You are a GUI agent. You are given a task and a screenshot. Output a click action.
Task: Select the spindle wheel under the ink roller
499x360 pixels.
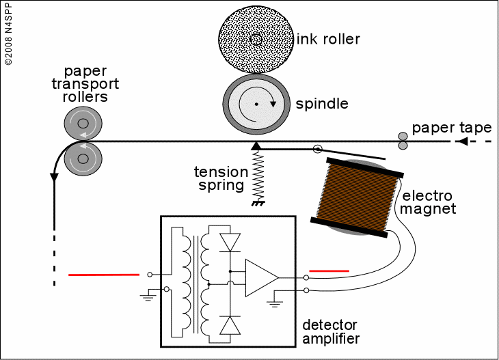256,104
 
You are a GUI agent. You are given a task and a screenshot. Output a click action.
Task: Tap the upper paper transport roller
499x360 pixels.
83,124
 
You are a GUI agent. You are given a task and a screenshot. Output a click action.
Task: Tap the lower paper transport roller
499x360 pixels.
83,158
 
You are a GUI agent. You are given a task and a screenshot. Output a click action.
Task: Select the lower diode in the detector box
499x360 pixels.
230,324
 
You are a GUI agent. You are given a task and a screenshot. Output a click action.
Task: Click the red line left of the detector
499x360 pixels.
104,275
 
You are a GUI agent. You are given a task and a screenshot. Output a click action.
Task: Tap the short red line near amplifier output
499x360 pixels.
329,271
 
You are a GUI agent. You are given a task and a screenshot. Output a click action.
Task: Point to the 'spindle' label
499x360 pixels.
322,105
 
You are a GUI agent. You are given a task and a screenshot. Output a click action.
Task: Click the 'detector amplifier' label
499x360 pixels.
331,331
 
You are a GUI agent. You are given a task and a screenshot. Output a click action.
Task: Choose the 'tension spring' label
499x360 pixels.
220,178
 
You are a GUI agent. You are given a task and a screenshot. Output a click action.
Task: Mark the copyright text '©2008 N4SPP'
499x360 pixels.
8,34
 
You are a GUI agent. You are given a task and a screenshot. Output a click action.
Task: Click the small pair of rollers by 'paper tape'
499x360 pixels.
403,141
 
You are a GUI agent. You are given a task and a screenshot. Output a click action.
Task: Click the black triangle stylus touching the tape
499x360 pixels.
256,146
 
